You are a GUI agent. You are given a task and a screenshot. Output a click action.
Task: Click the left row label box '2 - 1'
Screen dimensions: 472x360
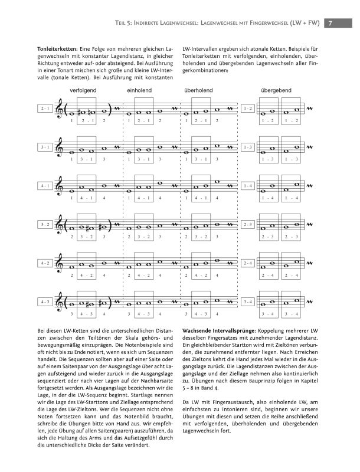tap(45, 109)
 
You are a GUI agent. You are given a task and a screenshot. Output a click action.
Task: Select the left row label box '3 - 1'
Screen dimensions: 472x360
tap(45, 147)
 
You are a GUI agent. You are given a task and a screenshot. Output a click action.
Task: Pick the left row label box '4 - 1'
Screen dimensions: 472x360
tap(45, 186)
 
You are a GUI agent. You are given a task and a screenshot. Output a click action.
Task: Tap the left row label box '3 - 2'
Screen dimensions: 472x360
tap(45, 224)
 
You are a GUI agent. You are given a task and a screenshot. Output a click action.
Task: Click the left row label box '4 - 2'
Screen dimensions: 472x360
tap(45, 263)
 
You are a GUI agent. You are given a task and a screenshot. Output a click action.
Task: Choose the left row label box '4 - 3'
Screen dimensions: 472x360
tap(45, 301)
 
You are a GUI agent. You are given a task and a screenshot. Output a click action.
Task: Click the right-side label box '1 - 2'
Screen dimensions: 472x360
tap(248, 109)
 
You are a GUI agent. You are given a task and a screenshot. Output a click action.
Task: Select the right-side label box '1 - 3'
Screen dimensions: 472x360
tap(248, 147)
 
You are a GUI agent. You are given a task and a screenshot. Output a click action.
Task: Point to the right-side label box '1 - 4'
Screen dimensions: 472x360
tap(248, 186)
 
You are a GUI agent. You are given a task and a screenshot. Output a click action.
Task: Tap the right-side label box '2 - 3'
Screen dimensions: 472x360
tap(248, 224)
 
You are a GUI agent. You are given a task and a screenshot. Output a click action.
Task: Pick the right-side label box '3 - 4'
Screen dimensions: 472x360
tap(248, 301)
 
